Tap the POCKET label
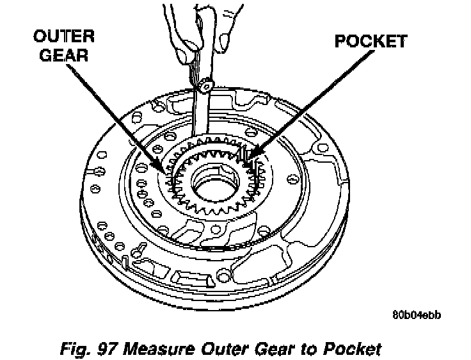click(x=371, y=42)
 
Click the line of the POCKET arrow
click(x=301, y=102)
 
